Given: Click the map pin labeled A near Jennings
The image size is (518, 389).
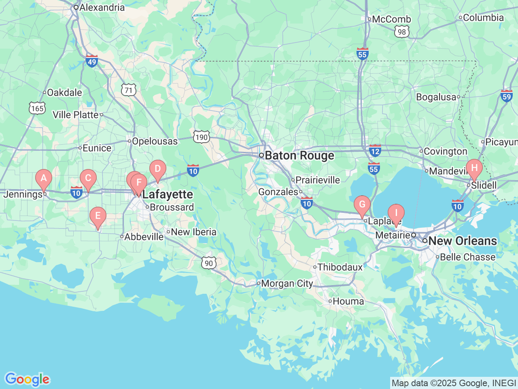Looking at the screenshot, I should (x=44, y=178).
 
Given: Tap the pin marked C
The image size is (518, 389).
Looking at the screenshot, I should (x=88, y=179).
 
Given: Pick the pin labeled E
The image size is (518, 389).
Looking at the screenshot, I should (x=98, y=216).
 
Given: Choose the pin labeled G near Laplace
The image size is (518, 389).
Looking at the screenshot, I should (x=362, y=205).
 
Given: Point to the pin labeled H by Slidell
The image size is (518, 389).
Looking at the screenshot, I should (x=474, y=168).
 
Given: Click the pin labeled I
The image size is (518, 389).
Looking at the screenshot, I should (x=396, y=213).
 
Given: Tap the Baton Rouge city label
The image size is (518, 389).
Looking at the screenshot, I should (x=299, y=156).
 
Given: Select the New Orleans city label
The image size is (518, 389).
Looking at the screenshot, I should (x=462, y=241).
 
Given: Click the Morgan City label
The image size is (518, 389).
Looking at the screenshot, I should (x=287, y=284).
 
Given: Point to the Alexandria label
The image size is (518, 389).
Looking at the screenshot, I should (x=102, y=7).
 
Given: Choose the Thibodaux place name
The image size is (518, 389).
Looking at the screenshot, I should (x=340, y=267).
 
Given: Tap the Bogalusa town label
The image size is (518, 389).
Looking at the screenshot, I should (x=436, y=97).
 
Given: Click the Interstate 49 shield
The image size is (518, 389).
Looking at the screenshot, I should (x=92, y=61).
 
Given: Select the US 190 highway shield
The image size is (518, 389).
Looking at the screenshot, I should (x=201, y=137).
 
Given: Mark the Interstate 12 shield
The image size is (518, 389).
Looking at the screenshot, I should (x=375, y=151).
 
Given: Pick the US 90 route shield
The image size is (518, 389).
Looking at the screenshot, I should (x=209, y=263).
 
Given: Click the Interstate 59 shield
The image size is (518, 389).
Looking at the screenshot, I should (x=507, y=96).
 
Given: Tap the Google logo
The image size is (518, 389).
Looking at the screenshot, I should (x=27, y=380).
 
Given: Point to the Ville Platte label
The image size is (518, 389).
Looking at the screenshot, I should (x=76, y=115).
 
